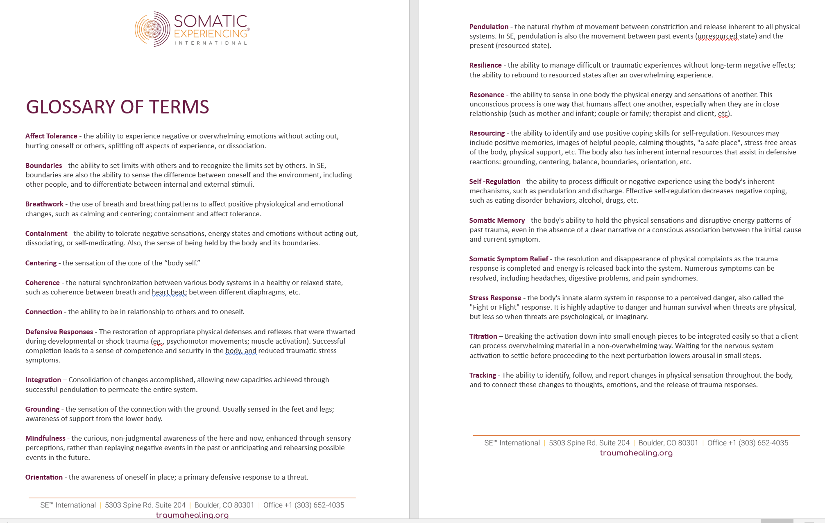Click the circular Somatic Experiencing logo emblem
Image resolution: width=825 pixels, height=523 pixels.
click(152, 29)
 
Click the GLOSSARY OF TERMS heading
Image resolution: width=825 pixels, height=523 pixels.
click(118, 107)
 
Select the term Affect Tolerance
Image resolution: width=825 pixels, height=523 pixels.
click(51, 136)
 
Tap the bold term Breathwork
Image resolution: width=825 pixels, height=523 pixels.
click(44, 204)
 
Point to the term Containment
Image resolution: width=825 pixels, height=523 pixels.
click(46, 233)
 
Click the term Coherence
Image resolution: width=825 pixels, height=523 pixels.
click(43, 283)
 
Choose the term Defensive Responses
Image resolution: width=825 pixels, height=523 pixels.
click(59, 332)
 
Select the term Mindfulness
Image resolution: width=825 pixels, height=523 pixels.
click(45, 438)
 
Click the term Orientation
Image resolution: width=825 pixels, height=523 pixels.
click(44, 477)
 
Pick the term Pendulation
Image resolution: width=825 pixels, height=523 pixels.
click(489, 27)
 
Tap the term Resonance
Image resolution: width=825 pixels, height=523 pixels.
click(487, 95)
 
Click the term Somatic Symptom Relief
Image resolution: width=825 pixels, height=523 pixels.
click(508, 259)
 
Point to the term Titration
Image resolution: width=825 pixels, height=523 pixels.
click(483, 336)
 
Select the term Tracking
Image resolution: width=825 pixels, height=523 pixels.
click(483, 375)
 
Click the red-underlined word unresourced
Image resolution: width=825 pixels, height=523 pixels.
click(718, 36)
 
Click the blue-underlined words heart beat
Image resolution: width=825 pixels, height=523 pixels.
click(169, 292)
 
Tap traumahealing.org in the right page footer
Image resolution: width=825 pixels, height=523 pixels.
click(636, 453)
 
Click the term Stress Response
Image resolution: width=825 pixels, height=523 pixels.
click(495, 298)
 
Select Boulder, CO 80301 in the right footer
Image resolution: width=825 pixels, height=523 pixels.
click(668, 443)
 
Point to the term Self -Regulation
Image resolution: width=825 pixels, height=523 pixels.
click(494, 181)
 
